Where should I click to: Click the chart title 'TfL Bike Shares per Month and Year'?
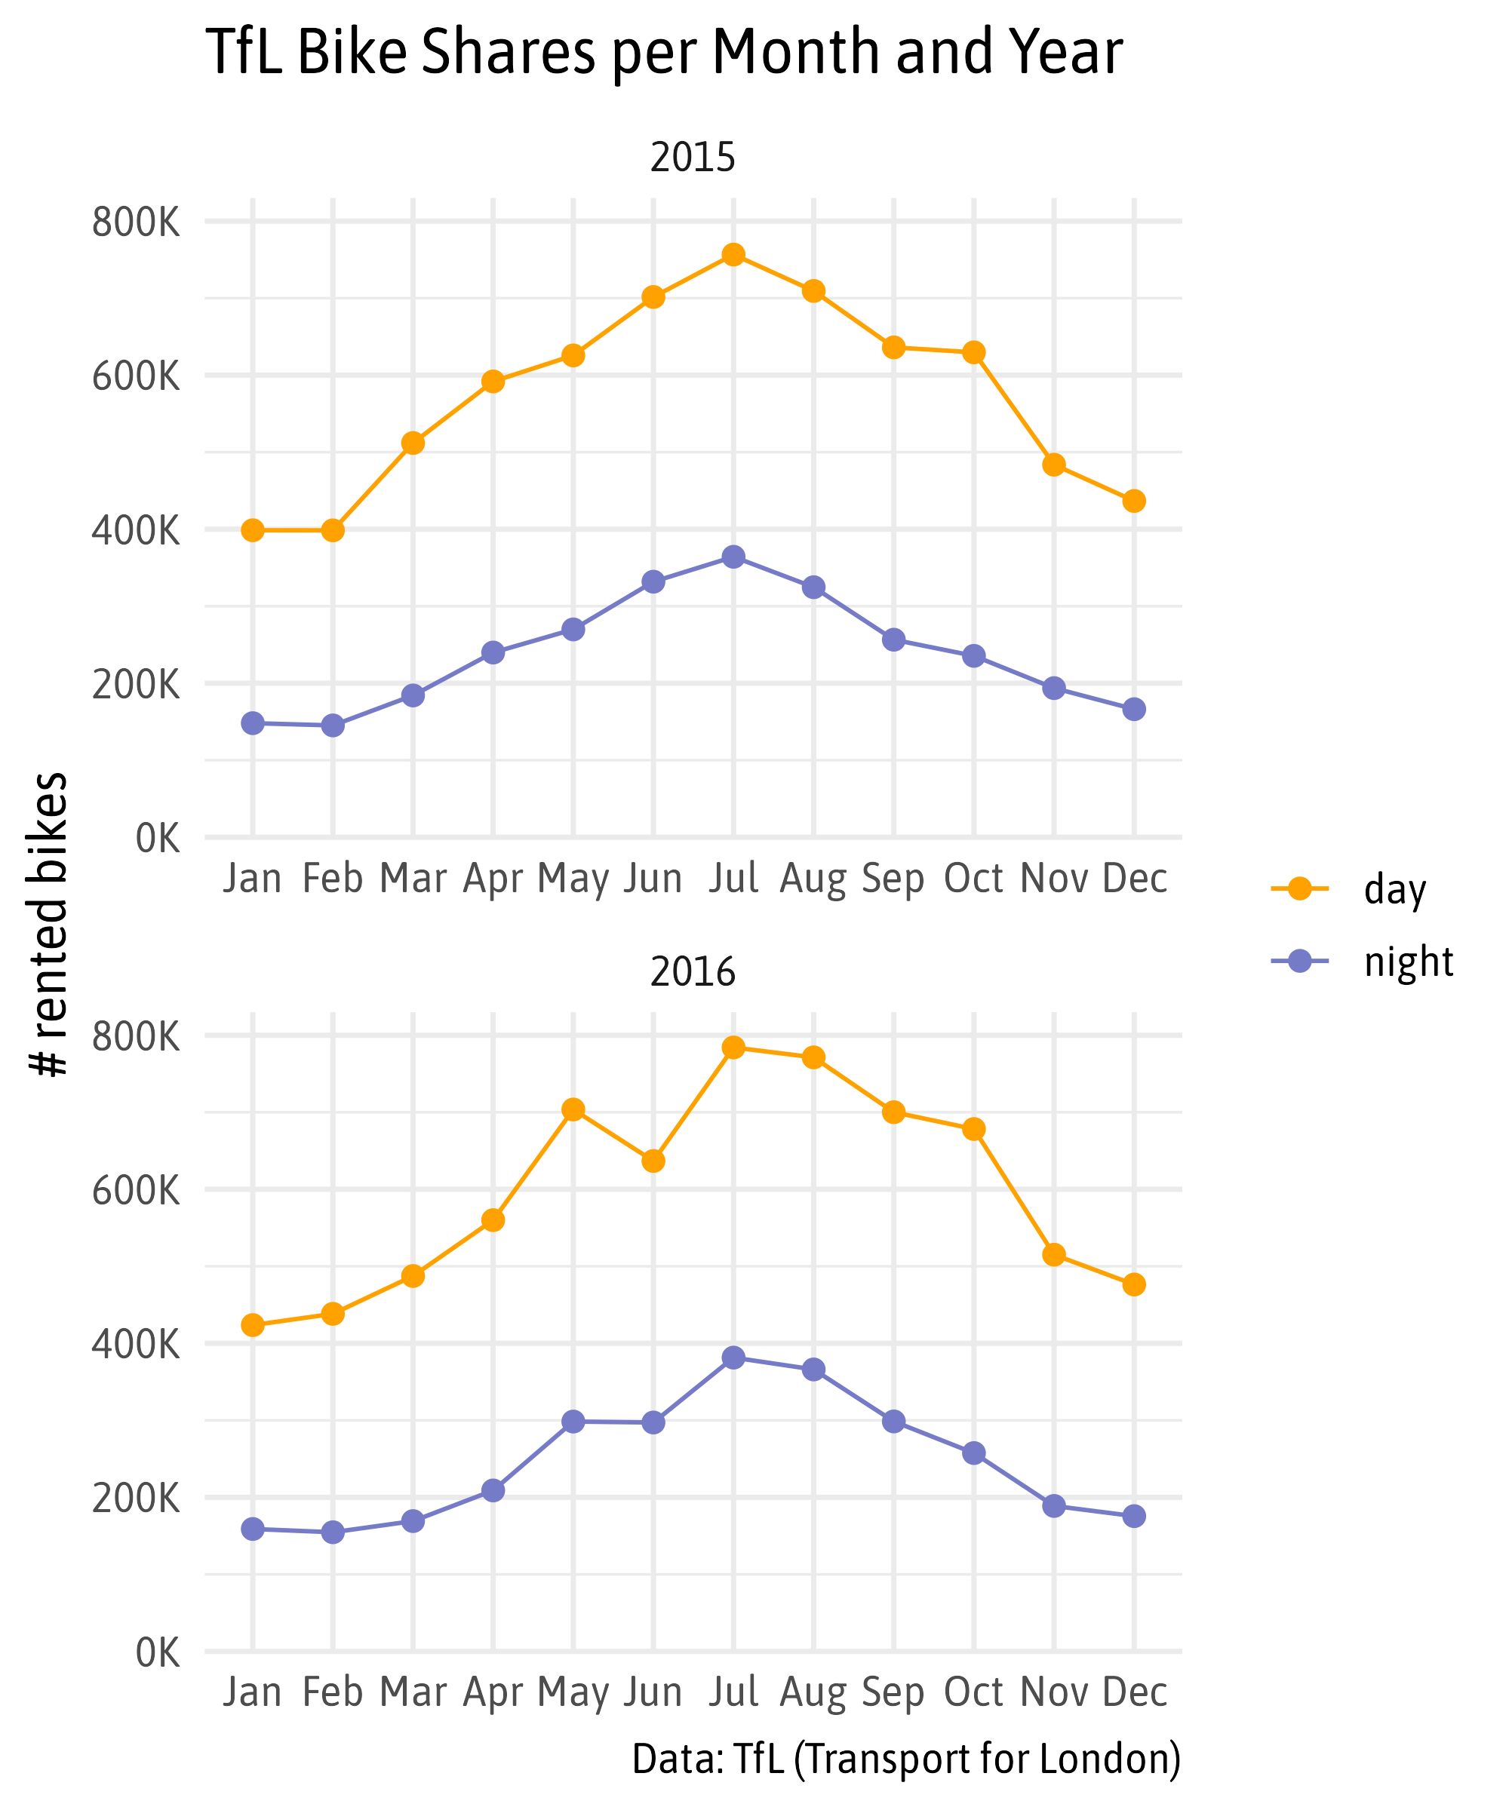point(664,52)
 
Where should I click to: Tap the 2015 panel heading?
point(693,158)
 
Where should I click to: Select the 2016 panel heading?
point(693,971)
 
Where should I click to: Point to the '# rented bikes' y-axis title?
point(48,924)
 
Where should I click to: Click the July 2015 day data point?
point(733,254)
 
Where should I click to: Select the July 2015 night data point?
point(733,557)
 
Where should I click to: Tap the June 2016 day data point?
point(653,1161)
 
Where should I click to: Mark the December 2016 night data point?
point(1134,1516)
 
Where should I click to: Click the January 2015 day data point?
point(253,530)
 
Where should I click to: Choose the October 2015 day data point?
point(973,352)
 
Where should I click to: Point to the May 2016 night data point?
point(573,1422)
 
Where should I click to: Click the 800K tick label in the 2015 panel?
point(137,222)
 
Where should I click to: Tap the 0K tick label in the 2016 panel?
point(158,1653)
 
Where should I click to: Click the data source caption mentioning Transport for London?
point(905,1758)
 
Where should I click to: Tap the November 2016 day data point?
point(1054,1254)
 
